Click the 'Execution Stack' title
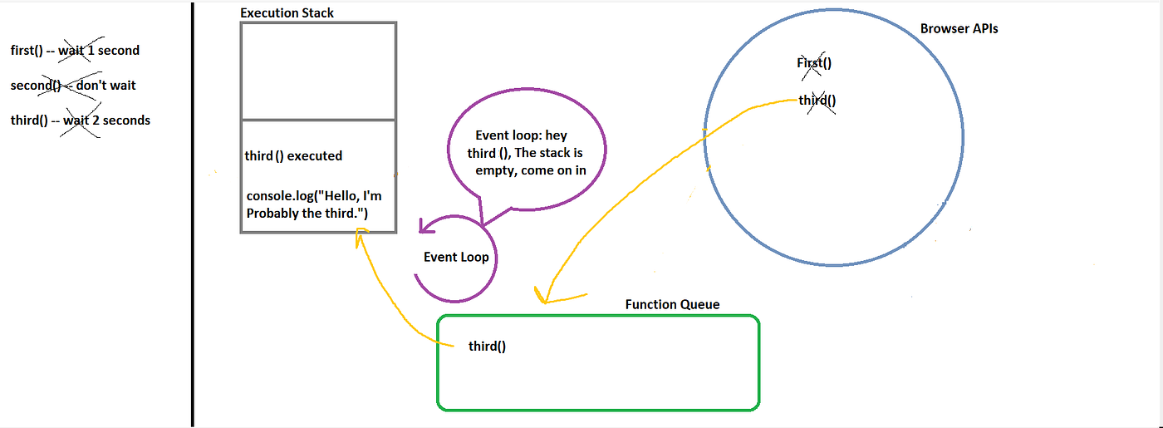[x=287, y=13]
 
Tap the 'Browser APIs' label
[x=959, y=28]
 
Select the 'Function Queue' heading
[x=672, y=304]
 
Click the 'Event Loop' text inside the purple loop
[x=456, y=257]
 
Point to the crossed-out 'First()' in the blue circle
[x=814, y=63]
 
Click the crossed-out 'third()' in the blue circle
[x=817, y=101]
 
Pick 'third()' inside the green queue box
[x=487, y=346]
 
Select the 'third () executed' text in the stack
[x=293, y=155]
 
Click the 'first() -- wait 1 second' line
[x=75, y=50]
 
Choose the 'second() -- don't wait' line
[x=73, y=85]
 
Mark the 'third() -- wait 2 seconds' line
[x=80, y=120]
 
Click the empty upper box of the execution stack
[x=317, y=71]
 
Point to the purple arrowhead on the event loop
[x=424, y=225]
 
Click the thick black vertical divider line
[x=193, y=214]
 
